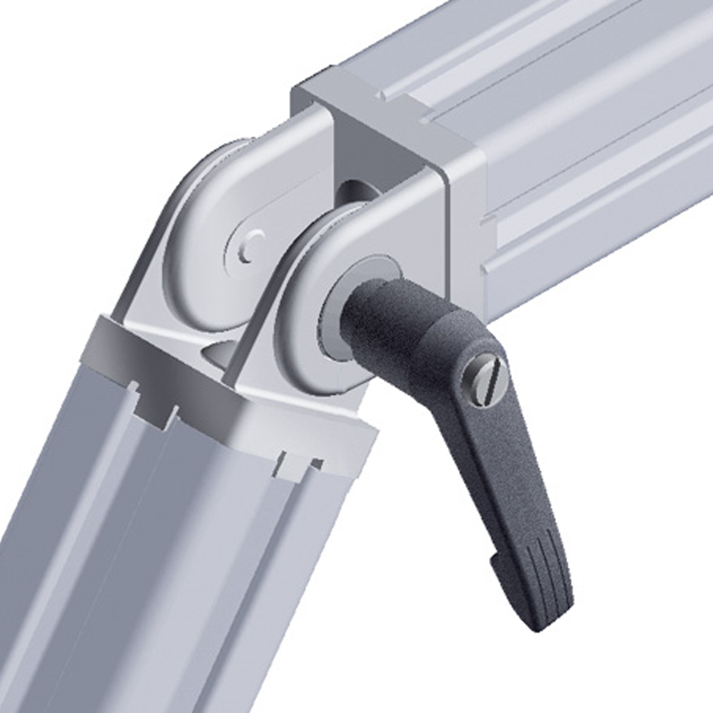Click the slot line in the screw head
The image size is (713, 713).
pyautogui.click(x=486, y=369)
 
